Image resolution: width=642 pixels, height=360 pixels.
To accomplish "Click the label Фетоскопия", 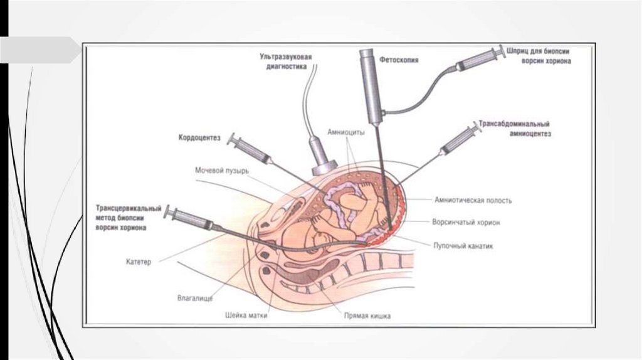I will pyautogui.click(x=399, y=61).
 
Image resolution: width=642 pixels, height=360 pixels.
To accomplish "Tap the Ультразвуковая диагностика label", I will pyautogui.click(x=286, y=61).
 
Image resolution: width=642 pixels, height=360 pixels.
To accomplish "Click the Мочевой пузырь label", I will pyautogui.click(x=222, y=170).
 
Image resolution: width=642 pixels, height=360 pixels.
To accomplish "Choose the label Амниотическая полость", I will pyautogui.click(x=473, y=201).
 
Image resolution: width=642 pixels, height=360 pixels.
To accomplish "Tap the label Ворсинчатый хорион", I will pyautogui.click(x=466, y=222).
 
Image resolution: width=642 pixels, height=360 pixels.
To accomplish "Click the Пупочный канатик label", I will pyautogui.click(x=463, y=246).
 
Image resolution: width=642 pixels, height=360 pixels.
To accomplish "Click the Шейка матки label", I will pyautogui.click(x=246, y=315).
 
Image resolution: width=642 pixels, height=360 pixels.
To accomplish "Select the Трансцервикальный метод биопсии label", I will pyautogui.click(x=129, y=218).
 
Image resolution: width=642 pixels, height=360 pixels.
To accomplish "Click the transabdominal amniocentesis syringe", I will pyautogui.click(x=460, y=140).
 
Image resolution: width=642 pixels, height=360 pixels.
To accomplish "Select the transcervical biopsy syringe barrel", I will pyautogui.click(x=192, y=219).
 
